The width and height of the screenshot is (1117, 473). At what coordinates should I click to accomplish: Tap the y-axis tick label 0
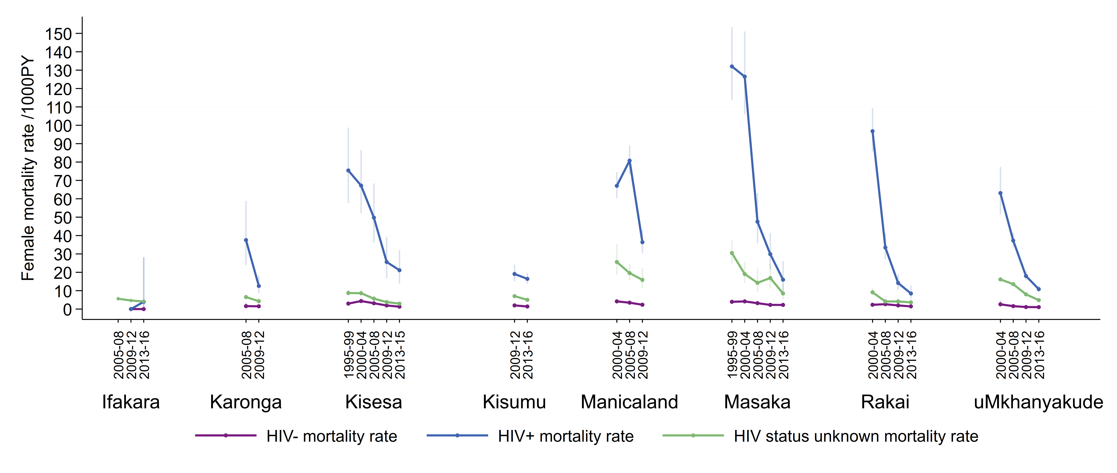coord(67,310)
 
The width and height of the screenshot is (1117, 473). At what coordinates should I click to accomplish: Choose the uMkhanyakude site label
coord(1038,402)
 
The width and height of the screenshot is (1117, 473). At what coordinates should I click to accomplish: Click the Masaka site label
coord(757,402)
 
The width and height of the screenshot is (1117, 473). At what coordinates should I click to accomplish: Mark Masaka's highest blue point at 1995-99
coord(732,66)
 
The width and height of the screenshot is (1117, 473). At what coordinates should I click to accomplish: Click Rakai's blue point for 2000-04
coord(872,131)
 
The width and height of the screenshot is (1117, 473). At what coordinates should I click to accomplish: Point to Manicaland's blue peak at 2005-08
coord(630,161)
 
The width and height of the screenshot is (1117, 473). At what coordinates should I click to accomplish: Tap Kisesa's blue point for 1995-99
coord(348,171)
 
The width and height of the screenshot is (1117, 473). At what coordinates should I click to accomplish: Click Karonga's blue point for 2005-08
coord(246,240)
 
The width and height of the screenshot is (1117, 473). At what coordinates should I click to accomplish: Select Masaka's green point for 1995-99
coord(732,253)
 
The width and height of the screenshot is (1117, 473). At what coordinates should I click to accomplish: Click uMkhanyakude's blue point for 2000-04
coord(1000,193)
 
